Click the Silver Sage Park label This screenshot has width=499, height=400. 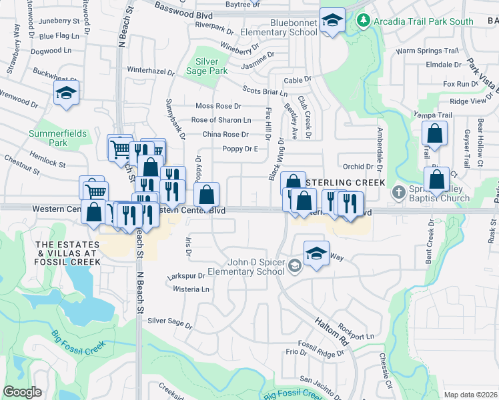tap(207, 65)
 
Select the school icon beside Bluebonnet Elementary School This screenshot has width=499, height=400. tap(332, 21)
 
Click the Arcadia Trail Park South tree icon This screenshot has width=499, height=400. tap(363, 21)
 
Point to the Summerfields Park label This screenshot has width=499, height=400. tap(58, 138)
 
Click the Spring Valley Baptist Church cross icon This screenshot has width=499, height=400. tap(398, 192)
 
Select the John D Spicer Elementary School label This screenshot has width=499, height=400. tap(246, 267)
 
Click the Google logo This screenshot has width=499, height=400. tap(22, 392)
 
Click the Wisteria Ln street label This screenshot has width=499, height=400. tap(191, 289)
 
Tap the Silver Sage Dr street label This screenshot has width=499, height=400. tap(170, 323)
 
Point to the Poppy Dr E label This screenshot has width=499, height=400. tap(240, 149)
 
